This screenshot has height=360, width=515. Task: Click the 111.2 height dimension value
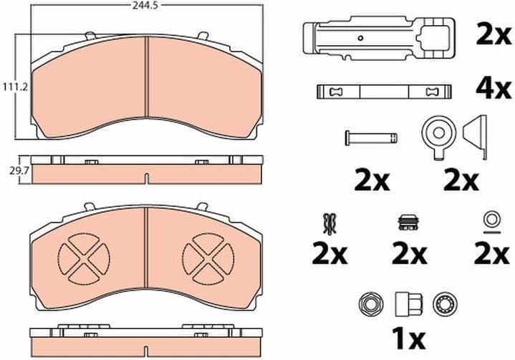pyautogui.click(x=9, y=87)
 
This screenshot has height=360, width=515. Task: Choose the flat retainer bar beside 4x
pyautogui.click(x=385, y=92)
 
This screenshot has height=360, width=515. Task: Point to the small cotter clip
pyautogui.click(x=330, y=224)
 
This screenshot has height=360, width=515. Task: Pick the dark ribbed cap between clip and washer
pyautogui.click(x=409, y=223)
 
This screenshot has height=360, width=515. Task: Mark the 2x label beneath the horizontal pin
pyautogui.click(x=372, y=181)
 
